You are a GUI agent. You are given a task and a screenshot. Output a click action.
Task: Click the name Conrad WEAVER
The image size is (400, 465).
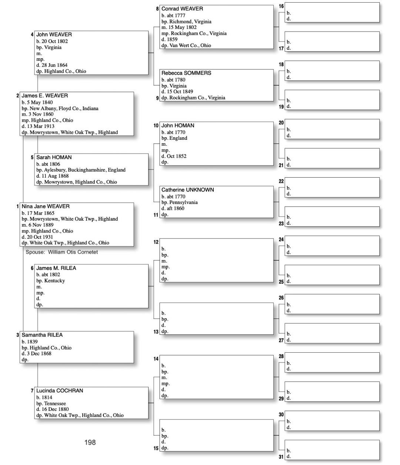point(182,9)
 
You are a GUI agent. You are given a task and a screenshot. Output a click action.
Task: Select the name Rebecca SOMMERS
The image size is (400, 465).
point(186,73)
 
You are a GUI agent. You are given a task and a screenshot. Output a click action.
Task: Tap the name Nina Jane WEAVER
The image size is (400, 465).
point(46,207)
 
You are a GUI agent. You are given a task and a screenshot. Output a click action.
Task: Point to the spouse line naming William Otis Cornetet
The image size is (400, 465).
point(62,252)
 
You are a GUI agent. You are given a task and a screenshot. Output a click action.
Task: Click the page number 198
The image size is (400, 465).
point(90,442)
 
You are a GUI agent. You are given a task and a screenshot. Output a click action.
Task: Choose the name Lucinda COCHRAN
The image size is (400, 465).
point(60,391)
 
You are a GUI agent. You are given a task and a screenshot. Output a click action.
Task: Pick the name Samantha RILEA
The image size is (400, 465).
point(42,335)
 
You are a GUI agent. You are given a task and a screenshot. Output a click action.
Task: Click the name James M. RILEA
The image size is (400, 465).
point(56,268)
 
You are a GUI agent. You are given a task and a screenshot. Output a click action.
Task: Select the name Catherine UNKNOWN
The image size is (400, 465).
point(188,190)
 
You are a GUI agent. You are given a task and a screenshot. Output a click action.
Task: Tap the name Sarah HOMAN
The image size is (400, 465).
point(54,158)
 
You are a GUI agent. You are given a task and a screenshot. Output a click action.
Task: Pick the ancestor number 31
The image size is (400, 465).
point(281,457)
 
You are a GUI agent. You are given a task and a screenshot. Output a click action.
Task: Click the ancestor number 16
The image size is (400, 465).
point(281,6)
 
